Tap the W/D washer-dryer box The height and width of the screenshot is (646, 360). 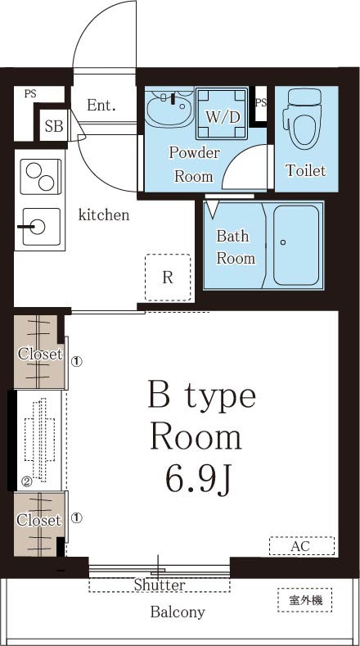pos(223,115)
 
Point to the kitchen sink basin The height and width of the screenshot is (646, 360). pos(38,227)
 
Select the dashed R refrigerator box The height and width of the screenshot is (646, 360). pos(168,277)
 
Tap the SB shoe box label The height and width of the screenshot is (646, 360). pos(54,127)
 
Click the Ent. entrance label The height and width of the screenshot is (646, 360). pos(101,105)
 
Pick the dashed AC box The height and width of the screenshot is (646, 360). pos(301,546)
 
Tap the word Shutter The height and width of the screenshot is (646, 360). pos(160,585)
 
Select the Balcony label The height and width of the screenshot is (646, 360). pos(177,612)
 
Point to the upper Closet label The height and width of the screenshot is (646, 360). pos(39,355)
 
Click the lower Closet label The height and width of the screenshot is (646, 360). pos(39,520)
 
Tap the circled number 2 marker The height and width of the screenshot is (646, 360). pos(26,482)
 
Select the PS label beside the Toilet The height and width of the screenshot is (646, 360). pos(261,102)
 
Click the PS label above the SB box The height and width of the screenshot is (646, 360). pos(30,94)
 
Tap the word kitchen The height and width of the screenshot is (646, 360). pos(104,215)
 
